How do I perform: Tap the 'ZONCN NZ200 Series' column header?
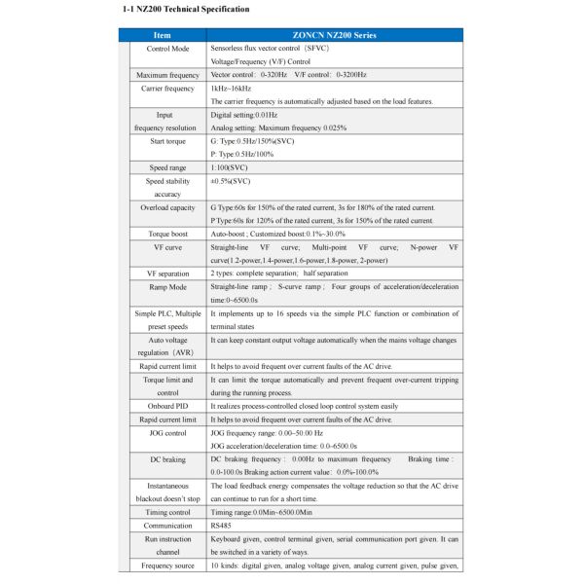tap(335, 35)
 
